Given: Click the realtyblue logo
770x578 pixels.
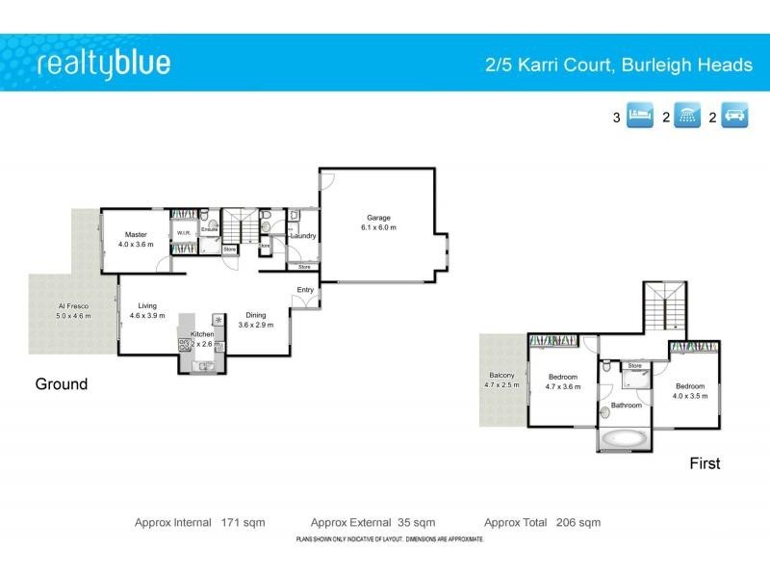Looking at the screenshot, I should (x=103, y=64).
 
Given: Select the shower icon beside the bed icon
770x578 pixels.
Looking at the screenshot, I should (x=687, y=118).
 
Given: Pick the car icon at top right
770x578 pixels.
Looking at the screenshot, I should (x=735, y=118).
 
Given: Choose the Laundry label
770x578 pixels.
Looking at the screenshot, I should (x=303, y=236).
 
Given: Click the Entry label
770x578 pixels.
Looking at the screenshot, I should (x=305, y=290).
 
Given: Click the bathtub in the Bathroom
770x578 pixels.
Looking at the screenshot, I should (x=624, y=439).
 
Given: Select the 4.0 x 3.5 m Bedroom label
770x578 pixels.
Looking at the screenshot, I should (x=690, y=390).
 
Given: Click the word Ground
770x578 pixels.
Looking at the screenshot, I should (x=62, y=384).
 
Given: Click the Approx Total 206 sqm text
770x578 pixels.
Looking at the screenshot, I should (x=542, y=522).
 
